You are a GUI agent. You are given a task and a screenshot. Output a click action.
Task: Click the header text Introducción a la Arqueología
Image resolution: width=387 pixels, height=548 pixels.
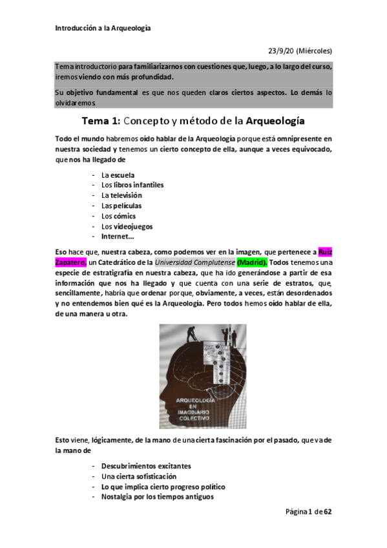(103, 28)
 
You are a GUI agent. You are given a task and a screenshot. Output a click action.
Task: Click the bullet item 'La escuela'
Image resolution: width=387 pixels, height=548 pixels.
(113, 174)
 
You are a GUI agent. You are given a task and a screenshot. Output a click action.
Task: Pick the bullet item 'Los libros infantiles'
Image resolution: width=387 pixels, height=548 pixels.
(132, 185)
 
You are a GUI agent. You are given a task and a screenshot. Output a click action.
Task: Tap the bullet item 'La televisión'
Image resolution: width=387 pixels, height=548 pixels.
(121, 195)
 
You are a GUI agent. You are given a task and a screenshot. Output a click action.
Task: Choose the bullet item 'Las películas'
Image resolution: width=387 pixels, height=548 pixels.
(120, 205)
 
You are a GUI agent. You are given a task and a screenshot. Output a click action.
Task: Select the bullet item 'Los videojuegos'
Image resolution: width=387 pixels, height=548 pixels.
(124, 226)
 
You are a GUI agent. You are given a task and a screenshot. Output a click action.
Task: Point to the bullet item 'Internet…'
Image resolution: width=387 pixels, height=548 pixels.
(118, 237)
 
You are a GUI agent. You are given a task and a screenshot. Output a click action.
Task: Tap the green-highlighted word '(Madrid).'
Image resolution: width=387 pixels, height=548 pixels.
(252, 262)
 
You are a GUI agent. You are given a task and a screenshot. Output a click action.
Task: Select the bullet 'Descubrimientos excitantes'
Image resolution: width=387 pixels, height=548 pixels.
(146, 466)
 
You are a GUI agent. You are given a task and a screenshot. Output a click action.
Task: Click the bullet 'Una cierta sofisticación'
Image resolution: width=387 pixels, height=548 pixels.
(138, 476)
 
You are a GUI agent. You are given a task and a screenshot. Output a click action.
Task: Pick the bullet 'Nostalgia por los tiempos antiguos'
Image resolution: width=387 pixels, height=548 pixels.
(157, 497)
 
